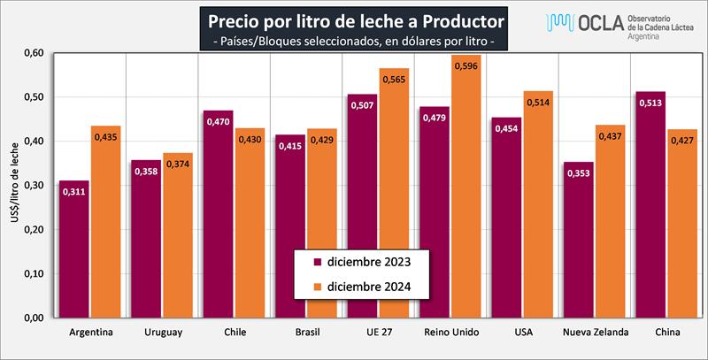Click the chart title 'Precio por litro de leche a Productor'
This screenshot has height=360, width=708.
pyautogui.click(x=355, y=19)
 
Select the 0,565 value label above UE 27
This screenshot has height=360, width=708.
pyautogui.click(x=394, y=79)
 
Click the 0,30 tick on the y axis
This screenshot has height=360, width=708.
pyautogui.click(x=34, y=186)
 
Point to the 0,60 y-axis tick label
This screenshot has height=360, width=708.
pyautogui.click(x=34, y=53)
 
